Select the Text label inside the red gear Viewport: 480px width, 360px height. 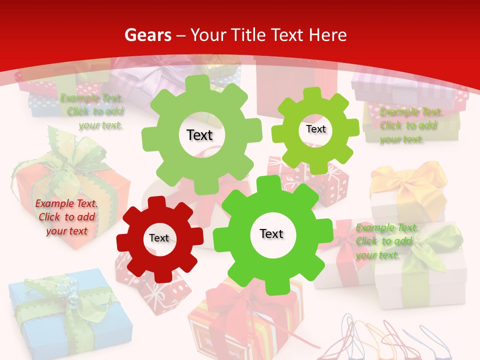(x=159, y=238)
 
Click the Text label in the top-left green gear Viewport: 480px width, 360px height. (x=199, y=135)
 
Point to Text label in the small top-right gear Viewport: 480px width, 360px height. (x=315, y=129)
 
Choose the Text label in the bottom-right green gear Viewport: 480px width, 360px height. (x=271, y=233)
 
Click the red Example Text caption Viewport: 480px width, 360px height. (x=66, y=217)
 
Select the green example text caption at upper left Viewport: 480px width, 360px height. (x=92, y=111)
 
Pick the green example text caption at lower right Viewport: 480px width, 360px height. (x=386, y=241)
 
